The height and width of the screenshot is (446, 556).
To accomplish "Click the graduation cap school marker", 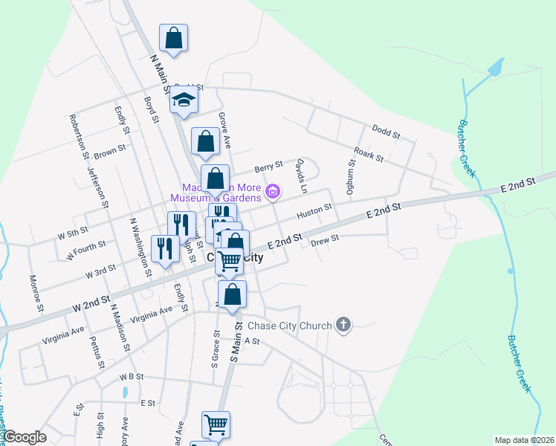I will point(184,100).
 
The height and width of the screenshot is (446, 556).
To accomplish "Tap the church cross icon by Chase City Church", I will point(343,324).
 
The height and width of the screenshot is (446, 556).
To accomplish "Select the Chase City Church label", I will point(289,325).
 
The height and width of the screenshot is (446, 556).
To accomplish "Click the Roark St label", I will point(368,155).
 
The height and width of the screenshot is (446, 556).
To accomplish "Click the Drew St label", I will point(325,239).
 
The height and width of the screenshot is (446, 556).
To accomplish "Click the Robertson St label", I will point(77,136).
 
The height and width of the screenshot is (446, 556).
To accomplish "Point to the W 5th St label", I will point(73,233).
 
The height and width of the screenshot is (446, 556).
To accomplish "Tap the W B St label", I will point(131,377).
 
